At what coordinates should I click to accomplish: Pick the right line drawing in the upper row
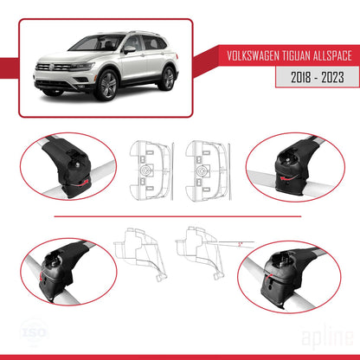tap(207, 162)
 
